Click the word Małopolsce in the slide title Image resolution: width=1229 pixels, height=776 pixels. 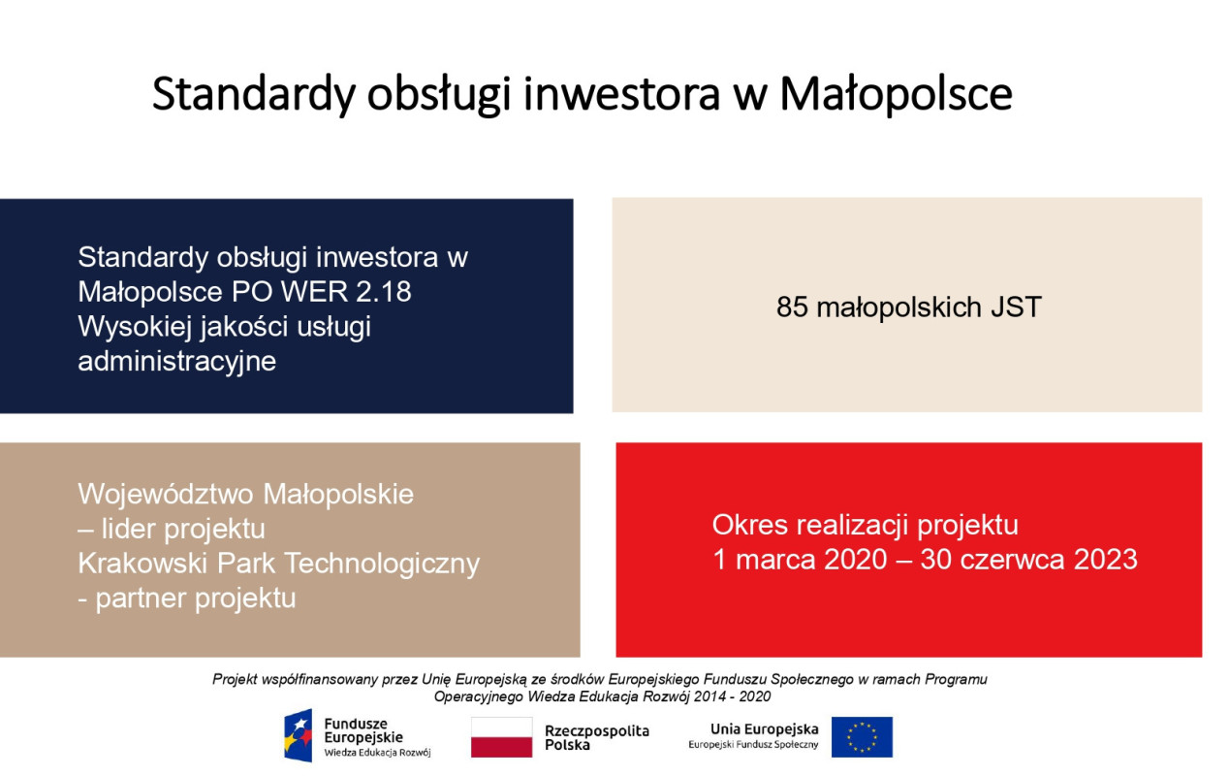[x=896, y=94]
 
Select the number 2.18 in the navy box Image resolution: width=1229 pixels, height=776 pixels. [x=384, y=292]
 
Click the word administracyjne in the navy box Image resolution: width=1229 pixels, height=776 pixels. [x=176, y=362]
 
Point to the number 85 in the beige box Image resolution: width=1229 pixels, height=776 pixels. [x=792, y=307]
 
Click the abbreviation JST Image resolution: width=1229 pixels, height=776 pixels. [x=1016, y=307]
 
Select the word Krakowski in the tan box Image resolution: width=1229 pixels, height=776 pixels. [x=142, y=564]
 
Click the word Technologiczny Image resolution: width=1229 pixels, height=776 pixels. [x=382, y=565]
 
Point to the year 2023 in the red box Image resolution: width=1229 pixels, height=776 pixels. [x=1105, y=560]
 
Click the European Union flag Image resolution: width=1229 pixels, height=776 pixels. [x=862, y=737]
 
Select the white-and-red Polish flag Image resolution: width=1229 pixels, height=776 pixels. [x=501, y=737]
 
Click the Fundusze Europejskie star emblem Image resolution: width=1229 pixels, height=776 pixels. [x=298, y=735]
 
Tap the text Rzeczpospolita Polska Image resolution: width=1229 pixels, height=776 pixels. [x=597, y=737]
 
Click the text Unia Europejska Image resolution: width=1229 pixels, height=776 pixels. [x=765, y=729]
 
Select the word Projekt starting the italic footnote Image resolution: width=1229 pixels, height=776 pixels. [x=235, y=680]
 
